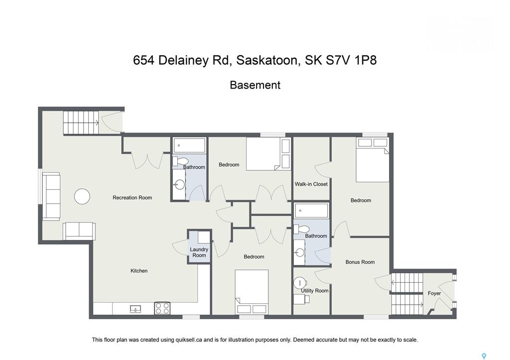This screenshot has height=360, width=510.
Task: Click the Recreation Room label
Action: [132, 198]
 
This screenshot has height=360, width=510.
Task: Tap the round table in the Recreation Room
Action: [82, 196]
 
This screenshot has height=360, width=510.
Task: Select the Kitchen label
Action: [139, 271]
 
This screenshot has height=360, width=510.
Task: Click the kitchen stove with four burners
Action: [162, 308]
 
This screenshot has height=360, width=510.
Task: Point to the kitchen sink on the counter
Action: [135, 309]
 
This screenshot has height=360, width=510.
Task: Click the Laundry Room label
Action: [199, 252]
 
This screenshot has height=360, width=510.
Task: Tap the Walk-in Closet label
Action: [311, 184]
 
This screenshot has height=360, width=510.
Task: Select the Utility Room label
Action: [315, 291]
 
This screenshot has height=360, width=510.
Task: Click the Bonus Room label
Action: [360, 262]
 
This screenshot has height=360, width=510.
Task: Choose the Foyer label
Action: [434, 293]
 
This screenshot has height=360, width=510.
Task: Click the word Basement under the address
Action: [255, 85]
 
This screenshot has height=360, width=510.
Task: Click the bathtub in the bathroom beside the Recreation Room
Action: [190, 145]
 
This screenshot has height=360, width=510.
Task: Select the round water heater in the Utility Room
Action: [300, 282]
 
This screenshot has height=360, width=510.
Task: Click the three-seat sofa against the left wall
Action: [51, 196]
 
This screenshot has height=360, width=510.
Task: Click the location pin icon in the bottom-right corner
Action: [483, 357]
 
